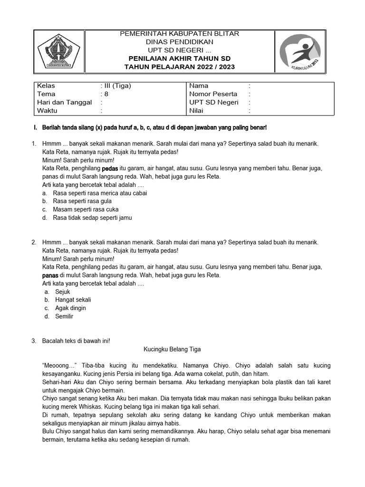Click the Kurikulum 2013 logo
coord(299,51)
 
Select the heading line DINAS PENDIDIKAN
coord(179,42)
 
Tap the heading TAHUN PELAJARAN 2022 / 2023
coord(179,67)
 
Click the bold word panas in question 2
coord(50,275)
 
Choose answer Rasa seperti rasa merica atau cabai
coord(100,193)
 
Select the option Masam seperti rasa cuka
coord(86,209)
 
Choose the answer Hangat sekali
coord(73,300)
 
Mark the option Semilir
coord(64,316)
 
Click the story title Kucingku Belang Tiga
coord(173,350)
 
